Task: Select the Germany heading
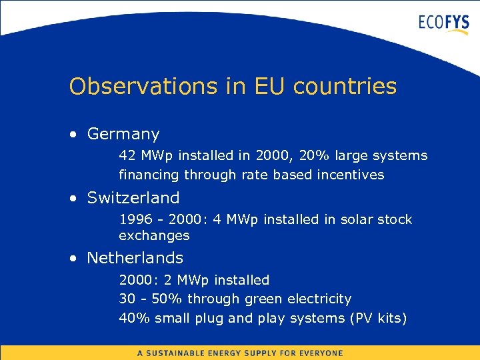click(x=123, y=135)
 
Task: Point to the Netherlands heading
click(x=135, y=258)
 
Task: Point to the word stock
click(x=395, y=220)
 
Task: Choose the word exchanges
click(x=154, y=236)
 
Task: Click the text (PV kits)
click(x=377, y=319)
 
